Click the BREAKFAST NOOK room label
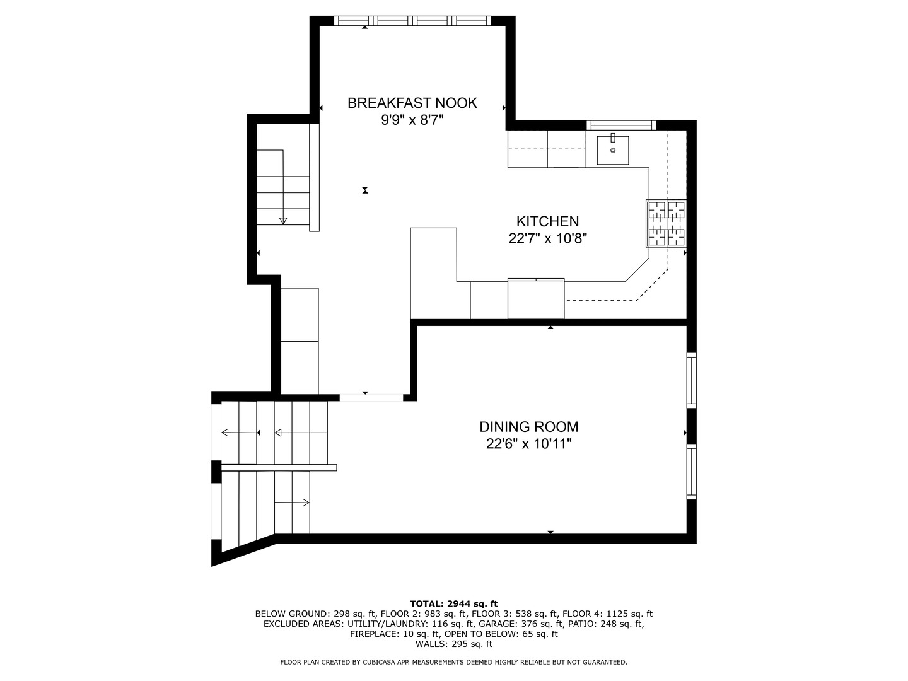(412, 103)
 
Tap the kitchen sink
(613, 150)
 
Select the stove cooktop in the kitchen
(666, 224)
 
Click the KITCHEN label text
(548, 221)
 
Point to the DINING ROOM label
(528, 426)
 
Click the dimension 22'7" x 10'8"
(548, 238)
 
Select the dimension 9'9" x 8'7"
(412, 120)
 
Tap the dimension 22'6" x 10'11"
(528, 444)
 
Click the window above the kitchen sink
(621, 125)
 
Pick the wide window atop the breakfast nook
(412, 21)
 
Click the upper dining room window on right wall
(692, 380)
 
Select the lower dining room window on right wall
(692, 472)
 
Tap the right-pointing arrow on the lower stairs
(292, 503)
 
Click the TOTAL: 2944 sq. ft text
(454, 603)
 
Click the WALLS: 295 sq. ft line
(454, 644)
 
